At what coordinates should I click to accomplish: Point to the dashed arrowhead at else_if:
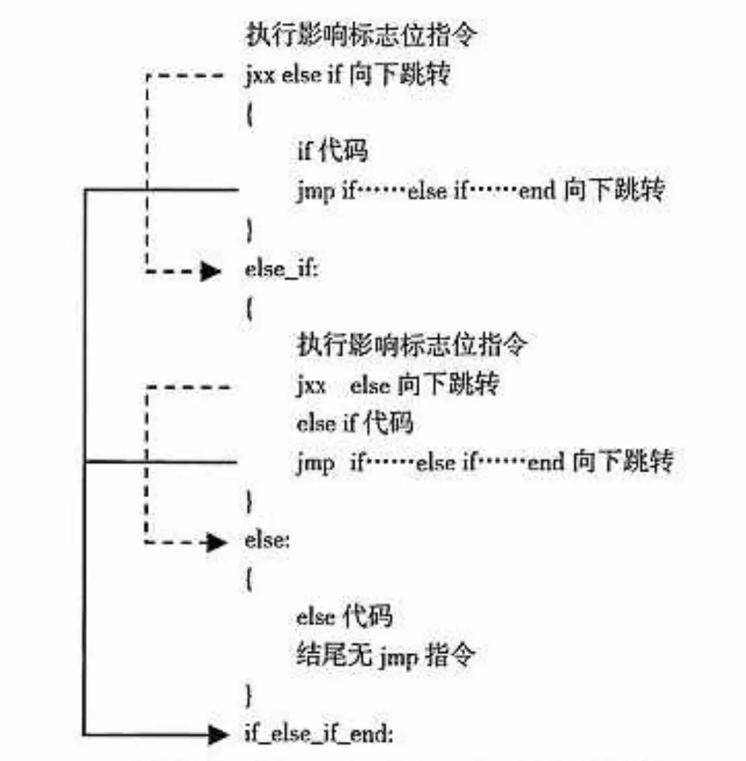211,271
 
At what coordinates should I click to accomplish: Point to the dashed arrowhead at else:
216,542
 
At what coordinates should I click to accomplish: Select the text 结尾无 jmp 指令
384,655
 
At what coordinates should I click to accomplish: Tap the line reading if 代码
332,151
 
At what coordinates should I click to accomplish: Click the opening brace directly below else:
249,579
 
